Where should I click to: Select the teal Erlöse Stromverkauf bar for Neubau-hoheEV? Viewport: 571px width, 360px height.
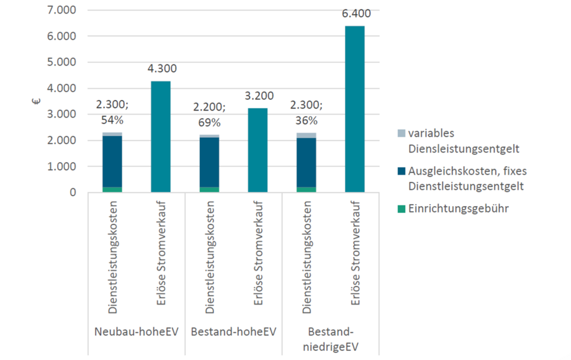point(161,137)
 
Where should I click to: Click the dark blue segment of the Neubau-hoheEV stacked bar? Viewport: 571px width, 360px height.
point(112,161)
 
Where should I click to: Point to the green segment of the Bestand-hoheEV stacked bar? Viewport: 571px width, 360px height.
point(209,189)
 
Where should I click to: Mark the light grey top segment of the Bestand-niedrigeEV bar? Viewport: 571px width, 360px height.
point(306,135)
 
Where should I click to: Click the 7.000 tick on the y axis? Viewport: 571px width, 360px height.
point(61,11)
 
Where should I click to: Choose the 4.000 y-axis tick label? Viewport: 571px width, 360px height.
point(61,89)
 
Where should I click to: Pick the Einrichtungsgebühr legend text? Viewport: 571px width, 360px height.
point(458,209)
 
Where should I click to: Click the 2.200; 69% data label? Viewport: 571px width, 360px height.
point(209,113)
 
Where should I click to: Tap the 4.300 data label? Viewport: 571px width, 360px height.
point(161,69)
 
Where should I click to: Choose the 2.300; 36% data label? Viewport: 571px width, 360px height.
point(306,113)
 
